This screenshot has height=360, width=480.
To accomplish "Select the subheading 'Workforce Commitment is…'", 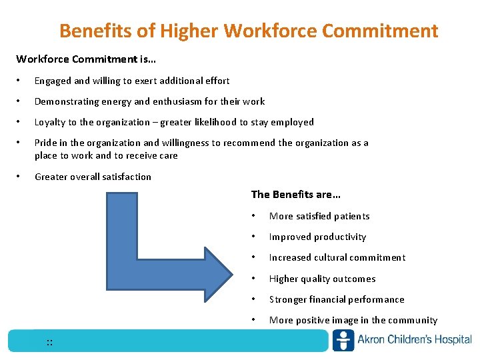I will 86,59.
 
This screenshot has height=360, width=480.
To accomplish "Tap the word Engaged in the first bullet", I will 53,81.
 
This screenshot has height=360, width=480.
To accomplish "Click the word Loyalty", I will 50,122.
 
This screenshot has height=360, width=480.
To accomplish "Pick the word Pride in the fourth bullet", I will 45,143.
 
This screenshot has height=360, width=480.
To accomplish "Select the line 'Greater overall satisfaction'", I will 93,177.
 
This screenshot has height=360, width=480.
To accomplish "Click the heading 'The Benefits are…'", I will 295,195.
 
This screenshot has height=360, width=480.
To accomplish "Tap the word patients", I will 352,216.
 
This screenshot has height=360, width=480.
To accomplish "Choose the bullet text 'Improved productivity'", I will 317,237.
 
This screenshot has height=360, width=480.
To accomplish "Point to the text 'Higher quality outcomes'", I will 322,279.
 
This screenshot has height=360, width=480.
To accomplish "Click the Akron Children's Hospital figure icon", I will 343,340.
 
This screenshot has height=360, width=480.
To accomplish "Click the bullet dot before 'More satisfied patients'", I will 254,216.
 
